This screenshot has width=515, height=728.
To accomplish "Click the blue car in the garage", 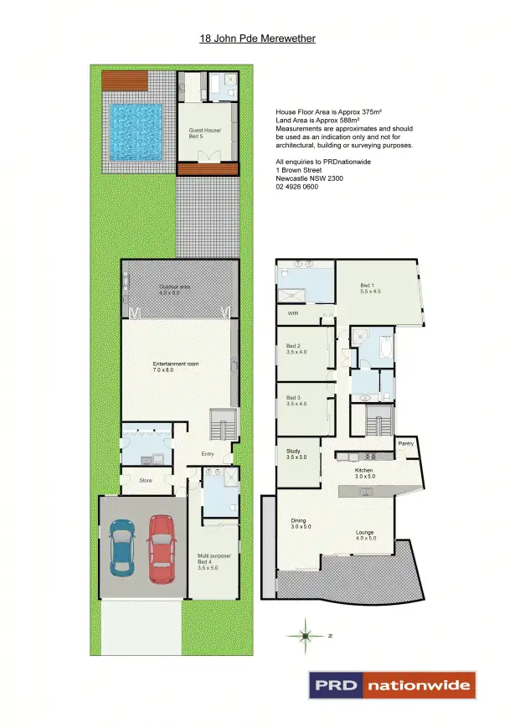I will (122, 546).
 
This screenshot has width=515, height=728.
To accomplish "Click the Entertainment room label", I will (174, 366).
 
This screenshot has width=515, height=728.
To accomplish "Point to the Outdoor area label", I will (176, 290).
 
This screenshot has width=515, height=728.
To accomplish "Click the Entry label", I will (208, 455).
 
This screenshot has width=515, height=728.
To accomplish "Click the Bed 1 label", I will (370, 287).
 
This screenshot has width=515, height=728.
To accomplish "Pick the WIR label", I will (293, 313).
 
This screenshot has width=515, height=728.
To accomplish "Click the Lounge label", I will (364, 534).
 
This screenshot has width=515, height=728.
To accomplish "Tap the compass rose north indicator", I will (307, 635).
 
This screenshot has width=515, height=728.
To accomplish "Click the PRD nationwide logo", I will (392, 684).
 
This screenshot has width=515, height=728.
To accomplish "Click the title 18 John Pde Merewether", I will (257, 39).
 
